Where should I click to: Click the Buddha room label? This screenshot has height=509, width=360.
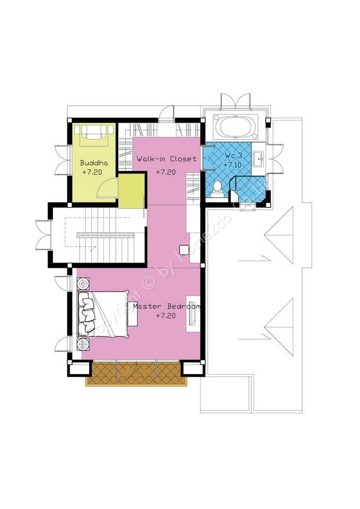click(94, 163)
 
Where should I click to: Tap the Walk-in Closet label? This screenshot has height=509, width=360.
click(167, 159)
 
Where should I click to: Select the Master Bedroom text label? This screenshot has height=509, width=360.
click(167, 306)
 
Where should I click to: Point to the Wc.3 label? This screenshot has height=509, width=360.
click(233, 156)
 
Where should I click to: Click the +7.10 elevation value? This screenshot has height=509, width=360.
click(232, 164)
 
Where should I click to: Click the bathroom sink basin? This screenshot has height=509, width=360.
click(259, 159)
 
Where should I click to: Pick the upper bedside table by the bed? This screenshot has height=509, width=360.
click(84, 284)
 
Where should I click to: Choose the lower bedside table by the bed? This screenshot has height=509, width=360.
click(84, 344)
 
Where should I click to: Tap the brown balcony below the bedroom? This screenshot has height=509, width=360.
click(136, 373)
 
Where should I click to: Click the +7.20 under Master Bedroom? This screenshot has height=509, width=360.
click(165, 315)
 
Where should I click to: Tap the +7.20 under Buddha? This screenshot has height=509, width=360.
click(92, 172)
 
